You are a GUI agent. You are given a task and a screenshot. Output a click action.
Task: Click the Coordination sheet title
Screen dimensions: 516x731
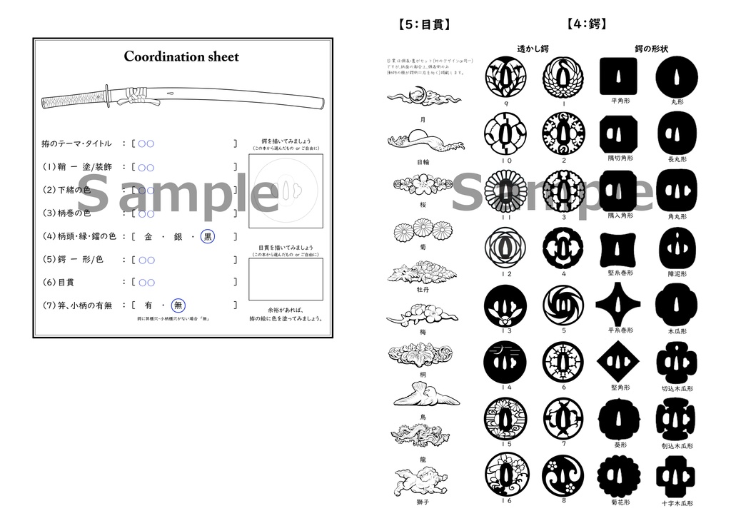(181, 56)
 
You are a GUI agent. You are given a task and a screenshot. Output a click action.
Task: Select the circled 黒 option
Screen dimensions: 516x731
(208, 236)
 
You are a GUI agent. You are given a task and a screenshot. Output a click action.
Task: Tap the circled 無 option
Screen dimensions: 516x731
(178, 305)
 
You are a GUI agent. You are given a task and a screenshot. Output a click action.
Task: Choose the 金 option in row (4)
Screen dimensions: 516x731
(148, 236)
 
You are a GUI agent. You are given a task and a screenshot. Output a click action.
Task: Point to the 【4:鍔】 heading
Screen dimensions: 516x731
(588, 24)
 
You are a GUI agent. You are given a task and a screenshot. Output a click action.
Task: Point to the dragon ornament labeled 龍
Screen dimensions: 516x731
(419, 434)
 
